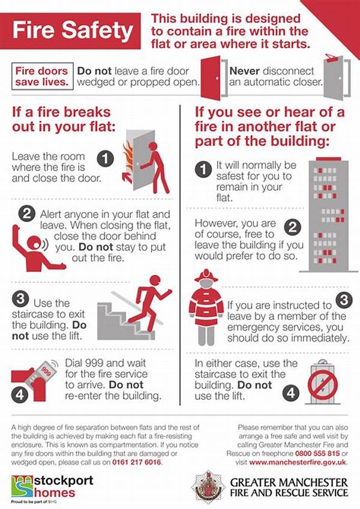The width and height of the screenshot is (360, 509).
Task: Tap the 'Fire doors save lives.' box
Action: [x=42, y=76]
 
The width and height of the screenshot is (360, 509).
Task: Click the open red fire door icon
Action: [x=211, y=78]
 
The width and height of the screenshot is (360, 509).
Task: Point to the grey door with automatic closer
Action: [x=334, y=77]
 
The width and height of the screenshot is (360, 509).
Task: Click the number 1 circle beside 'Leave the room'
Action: [x=106, y=158]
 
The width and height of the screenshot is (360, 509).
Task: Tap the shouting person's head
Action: [x=34, y=244]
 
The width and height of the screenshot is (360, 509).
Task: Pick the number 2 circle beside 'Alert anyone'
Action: [x=26, y=213]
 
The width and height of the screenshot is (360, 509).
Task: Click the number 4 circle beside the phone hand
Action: [x=20, y=394]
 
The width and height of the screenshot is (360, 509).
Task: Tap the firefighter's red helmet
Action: [x=206, y=276]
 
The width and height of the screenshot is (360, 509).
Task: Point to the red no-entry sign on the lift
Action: [x=323, y=385]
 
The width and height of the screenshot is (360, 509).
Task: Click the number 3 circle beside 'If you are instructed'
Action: [x=344, y=300]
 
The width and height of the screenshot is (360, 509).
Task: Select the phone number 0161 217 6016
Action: [x=137, y=462]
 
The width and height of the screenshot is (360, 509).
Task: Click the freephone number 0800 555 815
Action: [x=317, y=453]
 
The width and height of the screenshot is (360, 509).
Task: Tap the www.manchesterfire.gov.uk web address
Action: [x=298, y=462]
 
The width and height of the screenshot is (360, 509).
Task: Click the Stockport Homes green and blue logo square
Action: [x=22, y=486]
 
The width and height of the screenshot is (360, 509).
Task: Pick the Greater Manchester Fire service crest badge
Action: [x=208, y=487]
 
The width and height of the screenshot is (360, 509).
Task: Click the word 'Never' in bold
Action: [x=244, y=71]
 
